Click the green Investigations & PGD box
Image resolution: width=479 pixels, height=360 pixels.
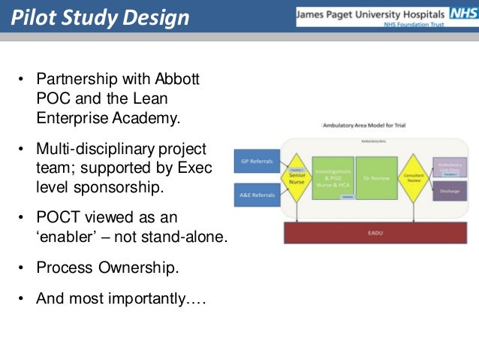pyautogui.click(x=333, y=178)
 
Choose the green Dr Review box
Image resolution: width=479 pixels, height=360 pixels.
pyautogui.click(x=375, y=178)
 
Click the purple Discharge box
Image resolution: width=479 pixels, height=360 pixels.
pyautogui.click(x=449, y=191)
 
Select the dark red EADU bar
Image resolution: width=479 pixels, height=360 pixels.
pyautogui.click(x=375, y=232)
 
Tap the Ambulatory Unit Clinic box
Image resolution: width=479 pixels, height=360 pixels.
pyautogui.click(x=449, y=166)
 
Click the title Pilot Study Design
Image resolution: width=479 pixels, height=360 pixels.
pyautogui.click(x=100, y=17)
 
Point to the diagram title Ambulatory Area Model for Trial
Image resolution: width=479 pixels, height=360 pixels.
pyautogui.click(x=364, y=126)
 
